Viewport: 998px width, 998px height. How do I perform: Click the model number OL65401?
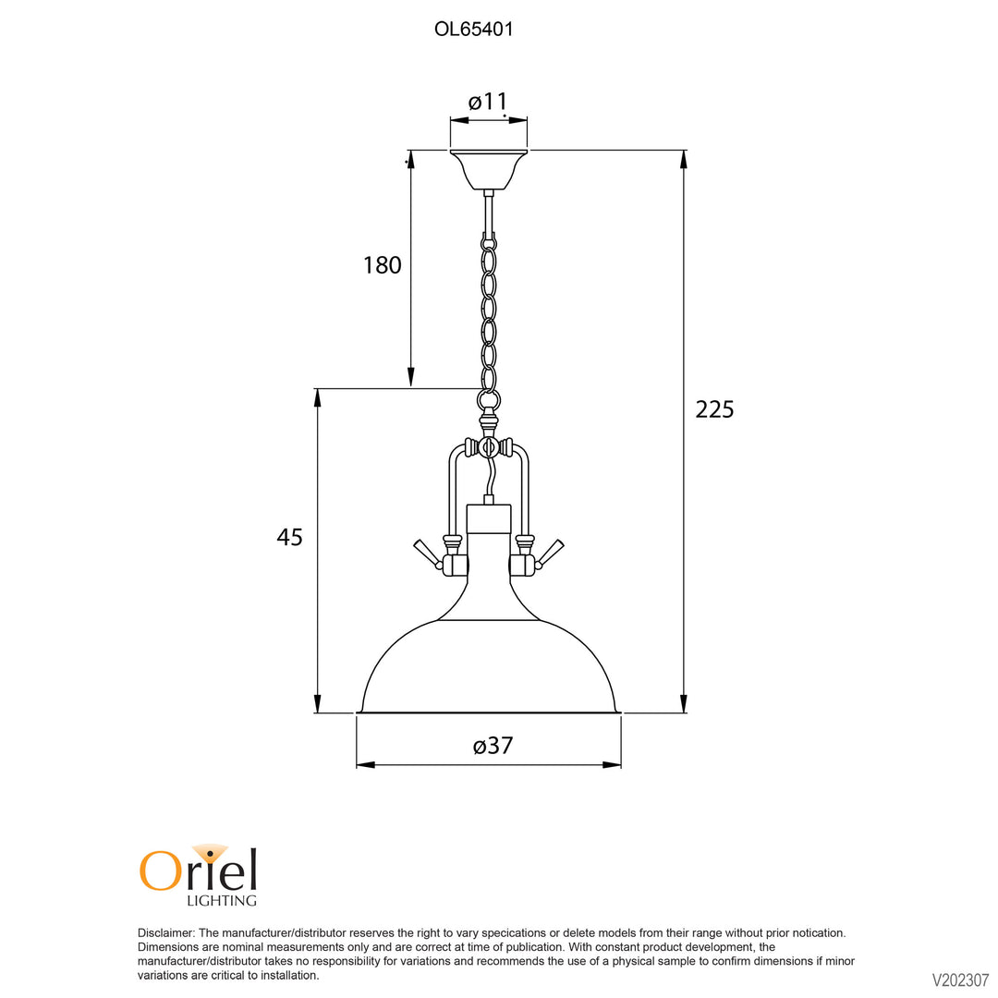point(473,30)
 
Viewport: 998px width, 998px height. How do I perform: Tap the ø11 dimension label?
point(488,102)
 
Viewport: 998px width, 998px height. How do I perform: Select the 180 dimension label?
point(382,265)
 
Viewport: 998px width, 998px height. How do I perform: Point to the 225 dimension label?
point(714,409)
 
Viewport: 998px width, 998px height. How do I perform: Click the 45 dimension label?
point(289,537)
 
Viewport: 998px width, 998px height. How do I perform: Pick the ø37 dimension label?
point(493,746)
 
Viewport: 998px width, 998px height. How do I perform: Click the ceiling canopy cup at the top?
point(489,169)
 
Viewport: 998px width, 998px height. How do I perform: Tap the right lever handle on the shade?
point(549,554)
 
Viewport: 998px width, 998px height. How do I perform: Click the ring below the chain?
point(489,400)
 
